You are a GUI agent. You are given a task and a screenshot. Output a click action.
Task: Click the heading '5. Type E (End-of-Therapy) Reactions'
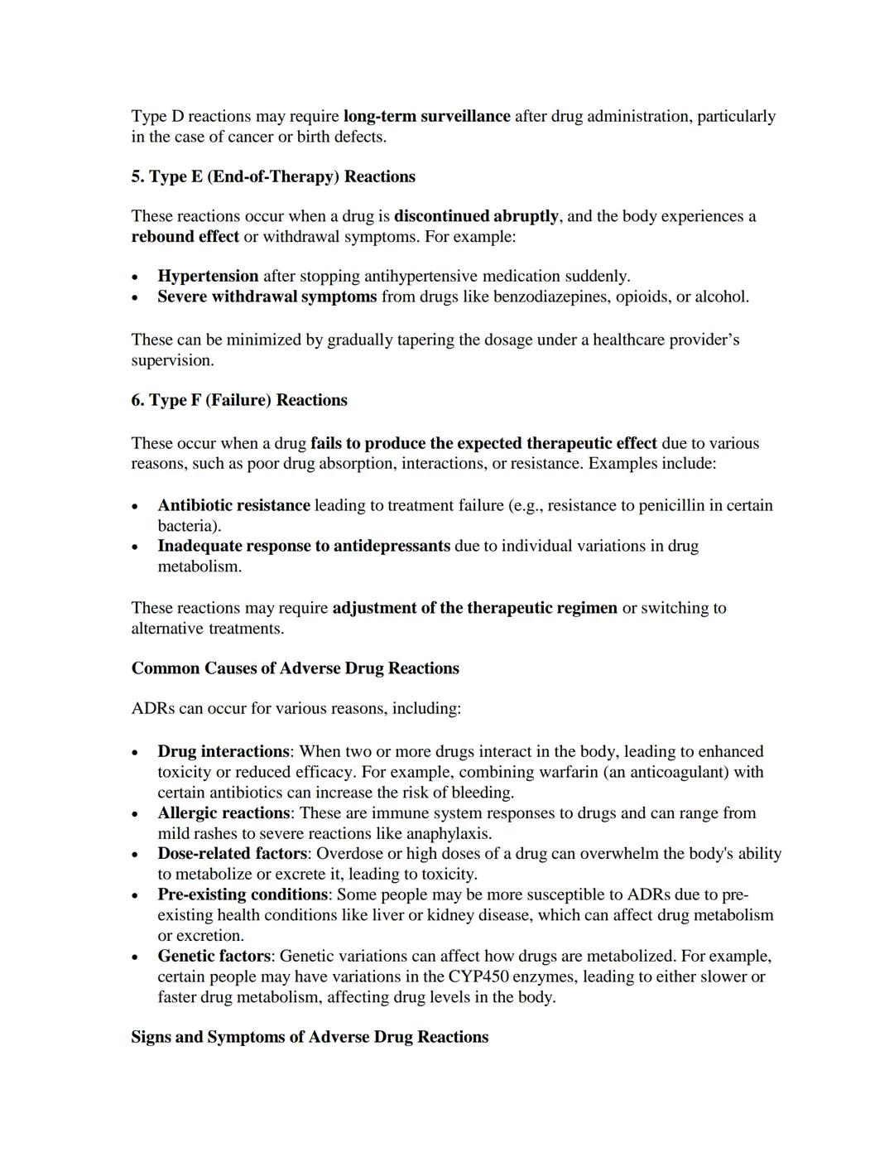pyautogui.click(x=273, y=176)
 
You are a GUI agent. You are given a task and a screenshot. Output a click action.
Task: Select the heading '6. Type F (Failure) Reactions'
pyautogui.click(x=239, y=400)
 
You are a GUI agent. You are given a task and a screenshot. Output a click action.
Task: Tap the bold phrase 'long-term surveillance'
pyautogui.click(x=426, y=116)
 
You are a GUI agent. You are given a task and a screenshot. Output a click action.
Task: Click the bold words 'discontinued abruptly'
pyautogui.click(x=476, y=216)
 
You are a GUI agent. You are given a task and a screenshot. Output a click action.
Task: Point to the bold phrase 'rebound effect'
pyautogui.click(x=185, y=237)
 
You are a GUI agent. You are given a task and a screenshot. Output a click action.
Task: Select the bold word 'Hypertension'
pyautogui.click(x=208, y=276)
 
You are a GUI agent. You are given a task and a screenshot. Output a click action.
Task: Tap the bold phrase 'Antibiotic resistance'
pyautogui.click(x=233, y=505)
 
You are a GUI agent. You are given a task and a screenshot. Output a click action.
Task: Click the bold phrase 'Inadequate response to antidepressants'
pyautogui.click(x=304, y=546)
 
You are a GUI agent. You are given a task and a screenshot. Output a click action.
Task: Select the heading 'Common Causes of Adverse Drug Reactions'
pyautogui.click(x=295, y=668)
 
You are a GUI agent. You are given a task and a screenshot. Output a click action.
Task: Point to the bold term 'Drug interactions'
pyautogui.click(x=223, y=751)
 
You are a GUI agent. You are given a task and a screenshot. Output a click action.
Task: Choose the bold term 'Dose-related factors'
pyautogui.click(x=233, y=853)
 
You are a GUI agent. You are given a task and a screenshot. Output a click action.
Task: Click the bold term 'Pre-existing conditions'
pyautogui.click(x=243, y=894)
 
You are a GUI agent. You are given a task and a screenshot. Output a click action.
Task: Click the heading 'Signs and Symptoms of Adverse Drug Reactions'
pyautogui.click(x=310, y=1037)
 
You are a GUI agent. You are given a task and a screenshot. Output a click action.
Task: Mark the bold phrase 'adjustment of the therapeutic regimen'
pyautogui.click(x=474, y=608)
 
